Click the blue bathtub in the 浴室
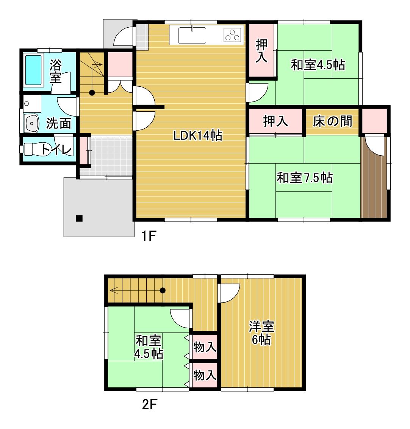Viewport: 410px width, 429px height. coord(34,70)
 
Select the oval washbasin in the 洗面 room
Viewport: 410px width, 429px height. coord(32,123)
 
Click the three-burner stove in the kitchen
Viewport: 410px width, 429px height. coord(232,35)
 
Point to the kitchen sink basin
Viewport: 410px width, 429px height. coord(192,35)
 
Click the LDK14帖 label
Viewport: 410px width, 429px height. coord(198,136)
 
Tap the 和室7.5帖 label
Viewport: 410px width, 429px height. coord(305,178)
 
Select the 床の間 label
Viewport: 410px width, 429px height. coord(332,121)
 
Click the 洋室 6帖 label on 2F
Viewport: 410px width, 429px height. coord(261,333)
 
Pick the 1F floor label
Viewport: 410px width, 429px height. coord(149,236)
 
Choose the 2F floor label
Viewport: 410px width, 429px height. coord(150,404)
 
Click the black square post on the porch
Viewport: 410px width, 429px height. coord(79,218)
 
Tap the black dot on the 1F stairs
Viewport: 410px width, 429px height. coord(92,93)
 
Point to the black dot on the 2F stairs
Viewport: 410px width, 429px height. coord(163,290)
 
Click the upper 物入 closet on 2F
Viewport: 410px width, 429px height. coord(204,347)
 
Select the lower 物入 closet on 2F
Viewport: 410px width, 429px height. coord(204,375)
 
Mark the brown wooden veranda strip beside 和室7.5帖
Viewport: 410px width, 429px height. coord(374,177)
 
